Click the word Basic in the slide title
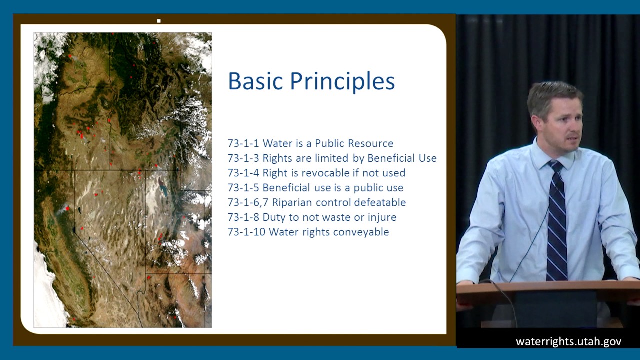pyautogui.click(x=255, y=81)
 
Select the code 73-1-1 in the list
pyautogui.click(x=243, y=143)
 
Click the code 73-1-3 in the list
pyautogui.click(x=243, y=158)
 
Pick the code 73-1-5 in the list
pyautogui.click(x=243, y=188)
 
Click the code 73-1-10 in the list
pyautogui.click(x=246, y=232)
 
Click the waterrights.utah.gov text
pyautogui.click(x=568, y=342)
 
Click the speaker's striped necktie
pyautogui.click(x=556, y=225)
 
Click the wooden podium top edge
pyautogui.click(x=547, y=285)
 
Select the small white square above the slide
pyautogui.click(x=159, y=21)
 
